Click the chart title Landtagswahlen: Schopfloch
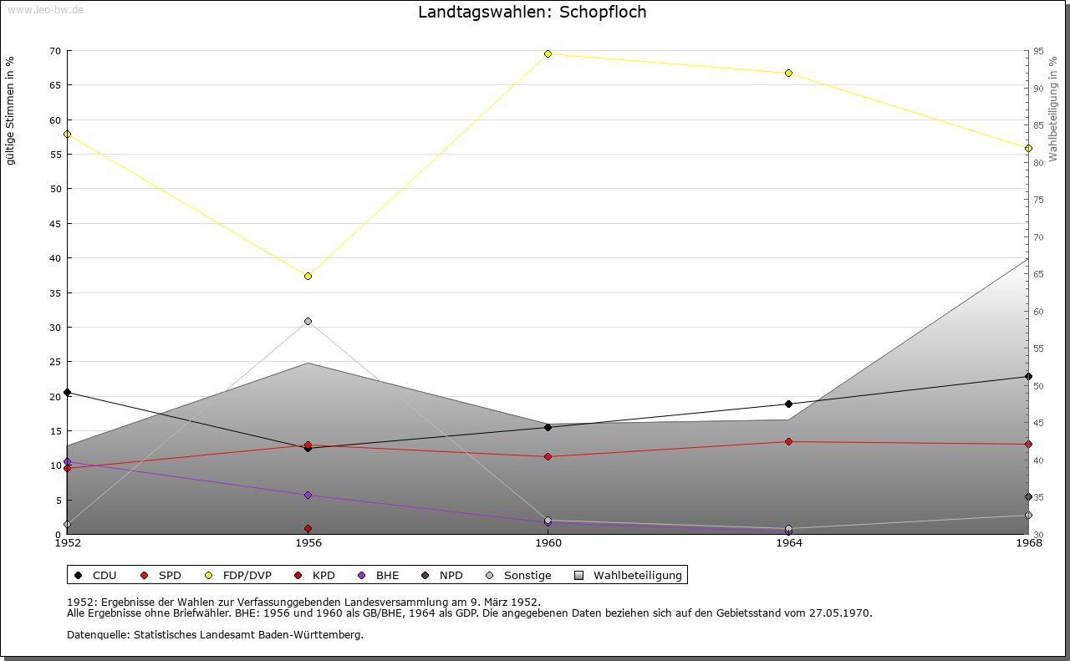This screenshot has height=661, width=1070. (532, 12)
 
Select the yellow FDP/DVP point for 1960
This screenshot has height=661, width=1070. (548, 53)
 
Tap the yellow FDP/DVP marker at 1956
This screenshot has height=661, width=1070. (308, 276)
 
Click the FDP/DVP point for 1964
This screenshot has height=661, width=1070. (788, 74)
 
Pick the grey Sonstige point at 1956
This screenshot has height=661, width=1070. (308, 321)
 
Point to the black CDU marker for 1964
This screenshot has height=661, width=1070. (788, 404)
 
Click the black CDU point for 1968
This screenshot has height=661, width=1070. (1028, 376)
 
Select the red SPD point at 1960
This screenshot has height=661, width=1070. (548, 456)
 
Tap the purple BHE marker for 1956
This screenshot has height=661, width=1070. (308, 495)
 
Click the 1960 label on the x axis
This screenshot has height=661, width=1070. (548, 543)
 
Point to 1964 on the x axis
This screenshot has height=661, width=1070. (788, 543)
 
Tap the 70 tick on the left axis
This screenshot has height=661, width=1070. (54, 51)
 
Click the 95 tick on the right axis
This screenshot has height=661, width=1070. (1037, 51)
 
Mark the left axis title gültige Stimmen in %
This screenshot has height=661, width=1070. (10, 110)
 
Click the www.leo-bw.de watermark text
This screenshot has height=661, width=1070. (45, 10)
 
